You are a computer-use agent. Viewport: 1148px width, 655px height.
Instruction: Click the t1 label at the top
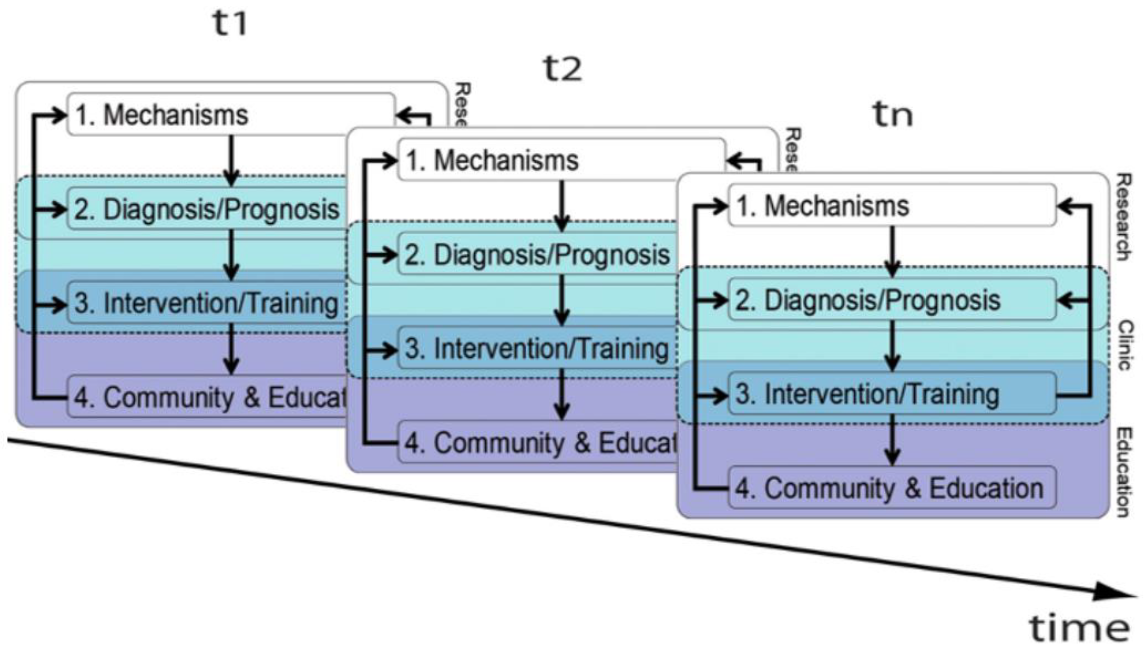pos(229,23)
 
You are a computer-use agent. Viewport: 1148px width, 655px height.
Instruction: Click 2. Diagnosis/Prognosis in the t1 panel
pos(207,209)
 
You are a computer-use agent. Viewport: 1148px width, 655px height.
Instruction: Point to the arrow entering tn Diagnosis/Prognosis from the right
pos(1073,300)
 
